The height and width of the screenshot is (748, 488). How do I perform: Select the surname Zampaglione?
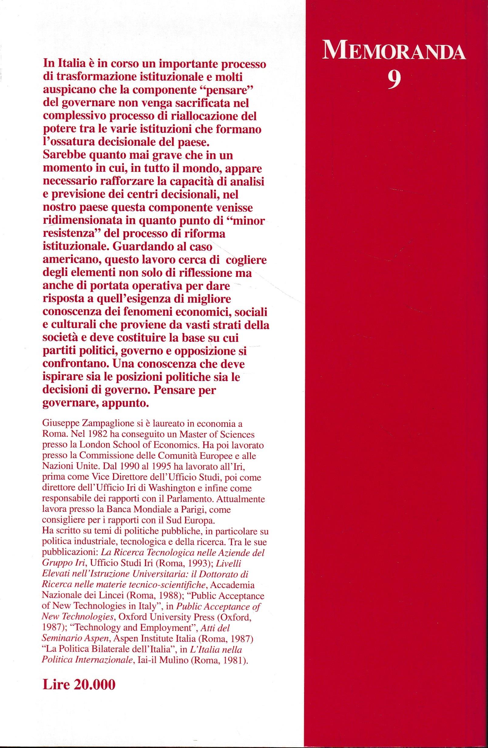click(110, 424)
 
